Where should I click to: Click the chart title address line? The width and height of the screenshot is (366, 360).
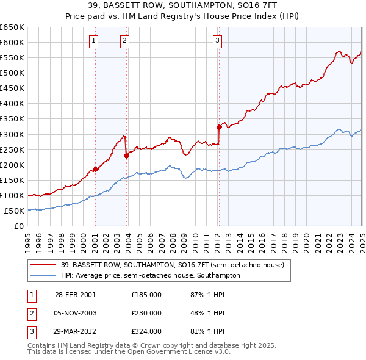pos(183,5)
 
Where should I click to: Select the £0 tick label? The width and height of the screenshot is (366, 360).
pos(19,226)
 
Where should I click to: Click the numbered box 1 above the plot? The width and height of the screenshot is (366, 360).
pos(94,41)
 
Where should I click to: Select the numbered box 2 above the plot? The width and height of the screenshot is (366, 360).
pos(124,41)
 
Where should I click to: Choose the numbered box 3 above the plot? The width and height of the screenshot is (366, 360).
pos(217,41)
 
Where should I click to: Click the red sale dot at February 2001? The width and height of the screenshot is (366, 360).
pos(96,169)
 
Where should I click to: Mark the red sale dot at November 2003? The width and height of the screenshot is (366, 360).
pos(127,156)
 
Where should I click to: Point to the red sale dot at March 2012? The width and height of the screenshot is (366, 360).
pos(219,127)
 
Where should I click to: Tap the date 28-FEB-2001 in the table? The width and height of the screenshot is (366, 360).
pos(76,294)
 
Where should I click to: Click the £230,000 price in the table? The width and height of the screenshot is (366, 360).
pos(146,313)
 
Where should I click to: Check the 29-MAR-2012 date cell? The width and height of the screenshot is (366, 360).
pos(76,332)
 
